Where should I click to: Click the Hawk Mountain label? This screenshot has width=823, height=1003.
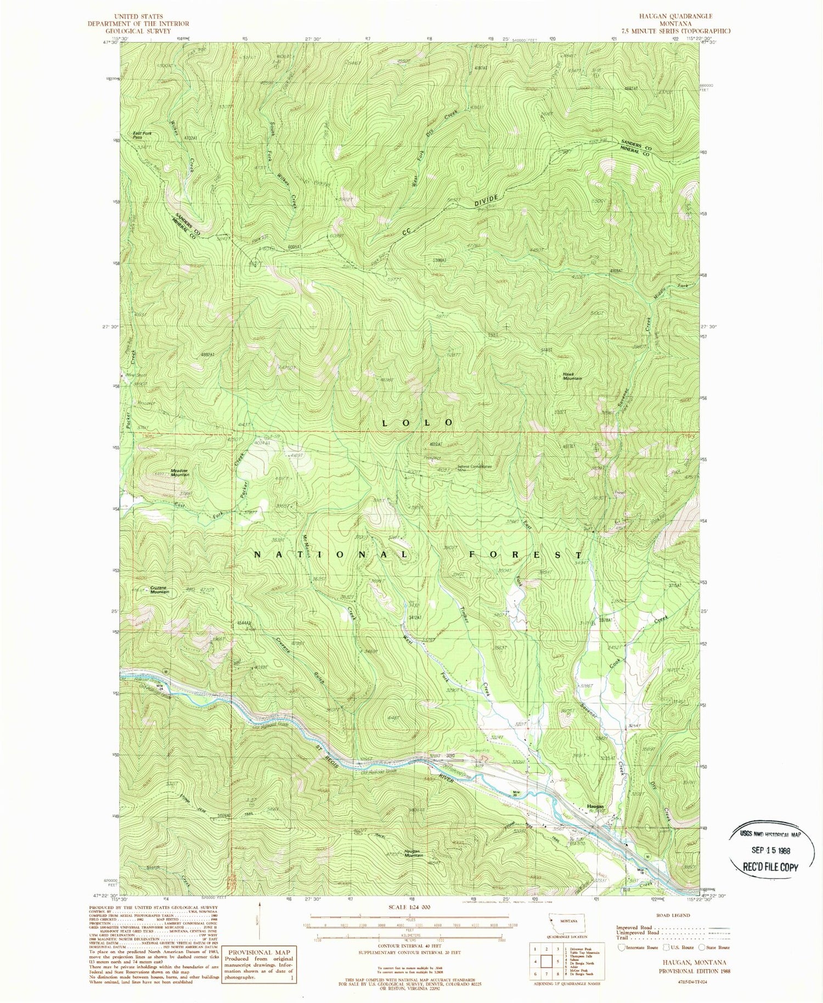click(571, 376)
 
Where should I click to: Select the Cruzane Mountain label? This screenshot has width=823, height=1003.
click(160, 590)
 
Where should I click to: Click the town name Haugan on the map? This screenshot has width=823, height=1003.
click(595, 807)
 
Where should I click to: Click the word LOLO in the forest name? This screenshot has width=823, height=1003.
click(418, 423)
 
